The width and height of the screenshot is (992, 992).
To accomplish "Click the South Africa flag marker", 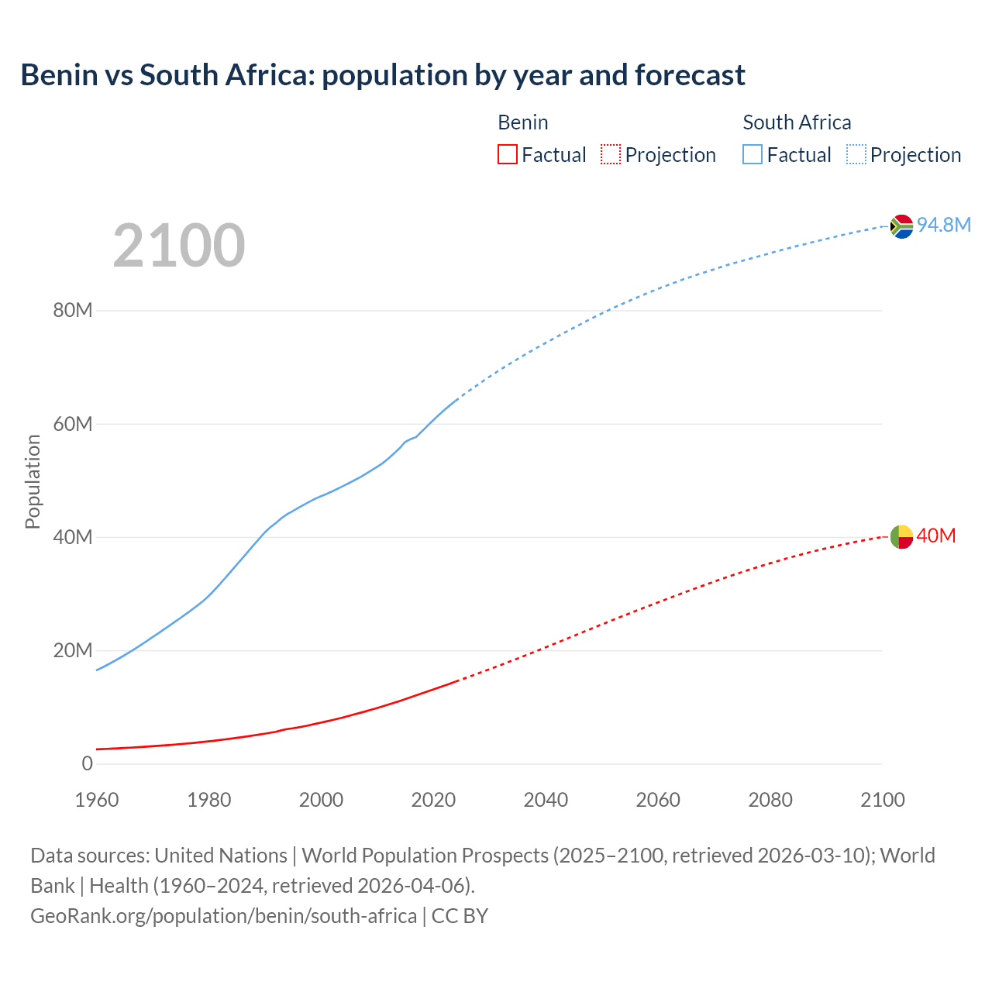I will (x=901, y=226).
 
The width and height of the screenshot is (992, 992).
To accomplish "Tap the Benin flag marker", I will (x=901, y=536).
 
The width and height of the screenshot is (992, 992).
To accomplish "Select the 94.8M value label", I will (x=943, y=225).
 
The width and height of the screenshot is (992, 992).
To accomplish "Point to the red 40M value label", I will (x=936, y=536).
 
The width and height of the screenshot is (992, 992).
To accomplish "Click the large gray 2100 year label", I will (x=179, y=246).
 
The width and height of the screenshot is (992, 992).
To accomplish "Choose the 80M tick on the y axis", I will (x=73, y=311).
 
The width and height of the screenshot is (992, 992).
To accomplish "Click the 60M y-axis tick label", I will (x=73, y=424).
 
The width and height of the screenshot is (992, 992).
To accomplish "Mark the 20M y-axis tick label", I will (x=73, y=650).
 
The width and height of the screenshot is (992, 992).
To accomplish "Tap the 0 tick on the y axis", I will (x=87, y=763).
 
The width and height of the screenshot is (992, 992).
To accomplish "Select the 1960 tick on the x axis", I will (x=97, y=800).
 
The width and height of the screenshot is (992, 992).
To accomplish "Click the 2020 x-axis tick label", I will (x=433, y=800).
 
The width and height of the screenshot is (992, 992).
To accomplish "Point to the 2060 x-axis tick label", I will (x=658, y=800).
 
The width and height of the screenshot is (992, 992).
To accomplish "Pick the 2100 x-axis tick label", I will (x=882, y=800).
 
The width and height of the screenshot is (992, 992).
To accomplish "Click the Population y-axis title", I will (x=33, y=481).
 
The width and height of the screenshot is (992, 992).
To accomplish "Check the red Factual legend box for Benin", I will (x=508, y=154).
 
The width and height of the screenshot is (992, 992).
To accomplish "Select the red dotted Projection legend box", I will (x=611, y=154).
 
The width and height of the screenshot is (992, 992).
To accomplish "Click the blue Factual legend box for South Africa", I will (x=753, y=154).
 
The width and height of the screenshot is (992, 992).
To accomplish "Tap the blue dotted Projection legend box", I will (x=856, y=154).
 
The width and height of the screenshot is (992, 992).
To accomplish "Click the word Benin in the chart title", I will (x=59, y=75).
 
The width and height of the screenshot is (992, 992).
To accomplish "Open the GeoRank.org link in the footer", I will (x=223, y=916).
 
